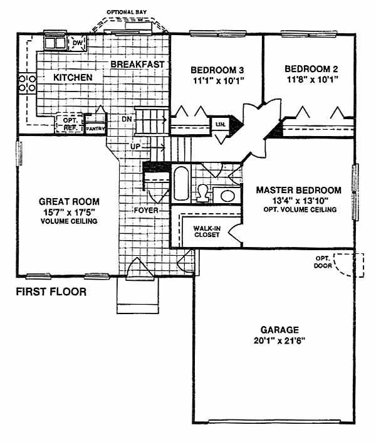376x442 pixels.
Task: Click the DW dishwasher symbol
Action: (77, 43)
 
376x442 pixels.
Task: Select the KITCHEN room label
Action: (73, 77)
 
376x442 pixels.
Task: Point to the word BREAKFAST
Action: (137, 65)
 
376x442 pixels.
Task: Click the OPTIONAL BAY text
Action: (127, 12)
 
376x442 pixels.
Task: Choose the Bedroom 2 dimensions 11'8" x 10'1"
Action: (312, 80)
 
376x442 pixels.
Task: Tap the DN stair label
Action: (127, 119)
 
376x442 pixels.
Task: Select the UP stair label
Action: (135, 147)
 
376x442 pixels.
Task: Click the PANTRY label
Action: (95, 129)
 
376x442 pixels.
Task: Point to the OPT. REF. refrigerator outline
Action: (70, 123)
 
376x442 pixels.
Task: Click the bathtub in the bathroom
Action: (181, 183)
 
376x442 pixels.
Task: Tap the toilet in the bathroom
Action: (202, 193)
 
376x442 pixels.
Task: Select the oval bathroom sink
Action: (227, 196)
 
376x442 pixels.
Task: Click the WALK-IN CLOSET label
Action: (207, 231)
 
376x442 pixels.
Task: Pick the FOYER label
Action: (146, 210)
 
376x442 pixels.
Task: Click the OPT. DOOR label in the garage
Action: (323, 262)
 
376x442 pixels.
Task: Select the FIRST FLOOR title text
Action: (51, 292)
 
